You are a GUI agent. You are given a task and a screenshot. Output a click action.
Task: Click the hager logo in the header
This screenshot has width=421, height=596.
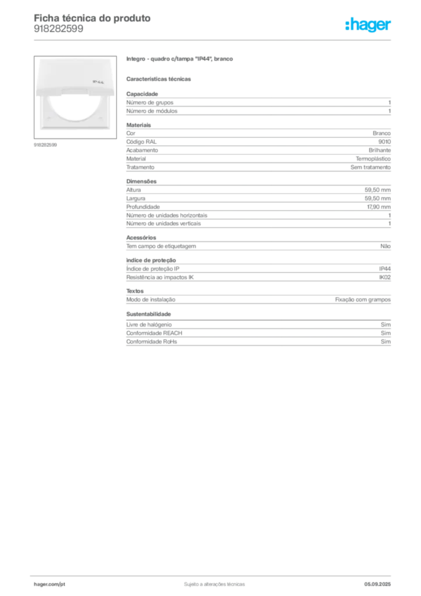(368, 25)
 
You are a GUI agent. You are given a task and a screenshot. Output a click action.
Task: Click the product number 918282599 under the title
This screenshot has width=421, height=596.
(59, 29)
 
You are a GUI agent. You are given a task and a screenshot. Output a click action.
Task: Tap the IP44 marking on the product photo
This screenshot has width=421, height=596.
(98, 81)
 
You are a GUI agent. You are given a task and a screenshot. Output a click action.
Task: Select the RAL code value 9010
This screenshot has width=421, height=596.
(384, 142)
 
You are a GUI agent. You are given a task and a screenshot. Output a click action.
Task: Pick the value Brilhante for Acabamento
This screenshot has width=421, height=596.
(380, 150)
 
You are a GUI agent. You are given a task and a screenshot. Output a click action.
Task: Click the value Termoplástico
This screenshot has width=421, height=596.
(373, 159)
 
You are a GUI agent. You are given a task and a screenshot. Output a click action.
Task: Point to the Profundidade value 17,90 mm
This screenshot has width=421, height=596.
(379, 207)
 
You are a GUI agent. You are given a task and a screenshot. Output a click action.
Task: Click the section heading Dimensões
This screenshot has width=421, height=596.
(141, 182)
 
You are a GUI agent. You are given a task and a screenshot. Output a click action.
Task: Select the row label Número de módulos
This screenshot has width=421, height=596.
(152, 111)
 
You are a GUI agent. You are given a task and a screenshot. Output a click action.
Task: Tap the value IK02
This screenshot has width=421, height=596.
(385, 278)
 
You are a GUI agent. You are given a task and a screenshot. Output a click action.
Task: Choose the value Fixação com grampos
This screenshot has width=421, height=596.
(363, 300)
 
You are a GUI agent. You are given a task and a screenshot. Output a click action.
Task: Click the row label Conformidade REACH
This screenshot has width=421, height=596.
(154, 333)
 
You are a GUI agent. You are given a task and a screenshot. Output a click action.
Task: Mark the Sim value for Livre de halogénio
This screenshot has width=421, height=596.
(386, 325)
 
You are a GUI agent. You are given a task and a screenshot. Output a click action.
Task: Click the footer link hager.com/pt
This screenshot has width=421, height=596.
(49, 584)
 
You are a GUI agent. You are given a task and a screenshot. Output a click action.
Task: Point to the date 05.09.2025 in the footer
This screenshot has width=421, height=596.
(377, 584)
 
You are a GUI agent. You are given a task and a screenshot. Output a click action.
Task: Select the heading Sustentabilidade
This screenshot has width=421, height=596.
(148, 314)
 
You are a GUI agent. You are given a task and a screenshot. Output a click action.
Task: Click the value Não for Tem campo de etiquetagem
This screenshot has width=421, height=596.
(386, 246)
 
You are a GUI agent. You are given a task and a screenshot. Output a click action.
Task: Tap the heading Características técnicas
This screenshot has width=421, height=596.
(159, 79)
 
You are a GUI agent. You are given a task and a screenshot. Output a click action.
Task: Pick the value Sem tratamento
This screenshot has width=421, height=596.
(370, 167)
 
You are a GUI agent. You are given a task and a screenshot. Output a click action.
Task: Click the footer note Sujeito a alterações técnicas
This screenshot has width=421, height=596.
(215, 584)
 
